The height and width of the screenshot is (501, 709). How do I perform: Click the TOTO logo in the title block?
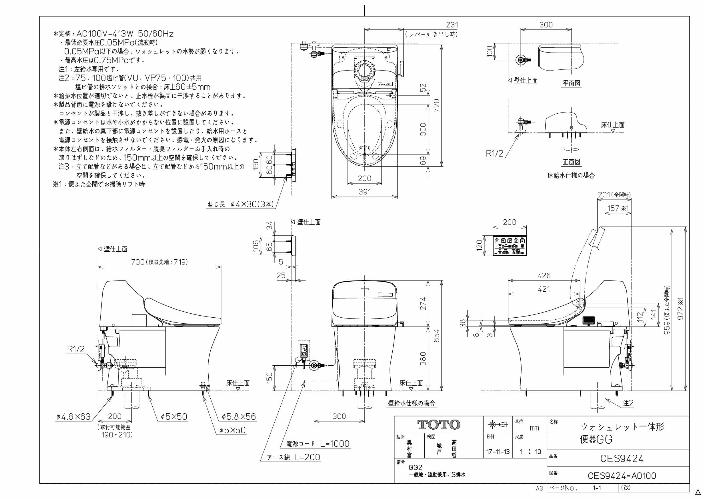click(x=438, y=424)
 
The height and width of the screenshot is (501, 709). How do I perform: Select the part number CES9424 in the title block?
click(x=622, y=458)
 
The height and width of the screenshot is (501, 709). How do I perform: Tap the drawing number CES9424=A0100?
click(x=622, y=475)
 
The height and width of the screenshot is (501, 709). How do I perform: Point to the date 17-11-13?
click(x=498, y=452)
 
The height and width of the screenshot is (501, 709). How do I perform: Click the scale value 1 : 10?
click(x=530, y=452)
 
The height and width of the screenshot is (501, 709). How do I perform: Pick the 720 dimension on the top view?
click(x=437, y=106)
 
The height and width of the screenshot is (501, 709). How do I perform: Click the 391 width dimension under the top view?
click(x=365, y=192)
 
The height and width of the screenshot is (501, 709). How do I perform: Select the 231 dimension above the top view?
click(x=452, y=25)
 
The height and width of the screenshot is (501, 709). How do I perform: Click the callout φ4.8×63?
click(x=73, y=417)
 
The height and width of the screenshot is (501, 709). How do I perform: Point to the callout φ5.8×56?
click(x=239, y=417)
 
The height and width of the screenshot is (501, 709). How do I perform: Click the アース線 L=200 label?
click(x=294, y=457)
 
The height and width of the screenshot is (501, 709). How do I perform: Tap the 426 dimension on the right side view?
click(x=544, y=275)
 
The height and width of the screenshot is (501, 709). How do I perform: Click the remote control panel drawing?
click(x=510, y=246)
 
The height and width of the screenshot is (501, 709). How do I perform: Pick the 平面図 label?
click(x=571, y=83)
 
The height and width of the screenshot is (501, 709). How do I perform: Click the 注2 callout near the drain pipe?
click(x=628, y=403)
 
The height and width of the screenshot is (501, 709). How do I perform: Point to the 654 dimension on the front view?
click(x=437, y=336)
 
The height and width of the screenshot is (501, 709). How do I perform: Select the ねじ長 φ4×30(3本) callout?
click(x=241, y=204)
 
